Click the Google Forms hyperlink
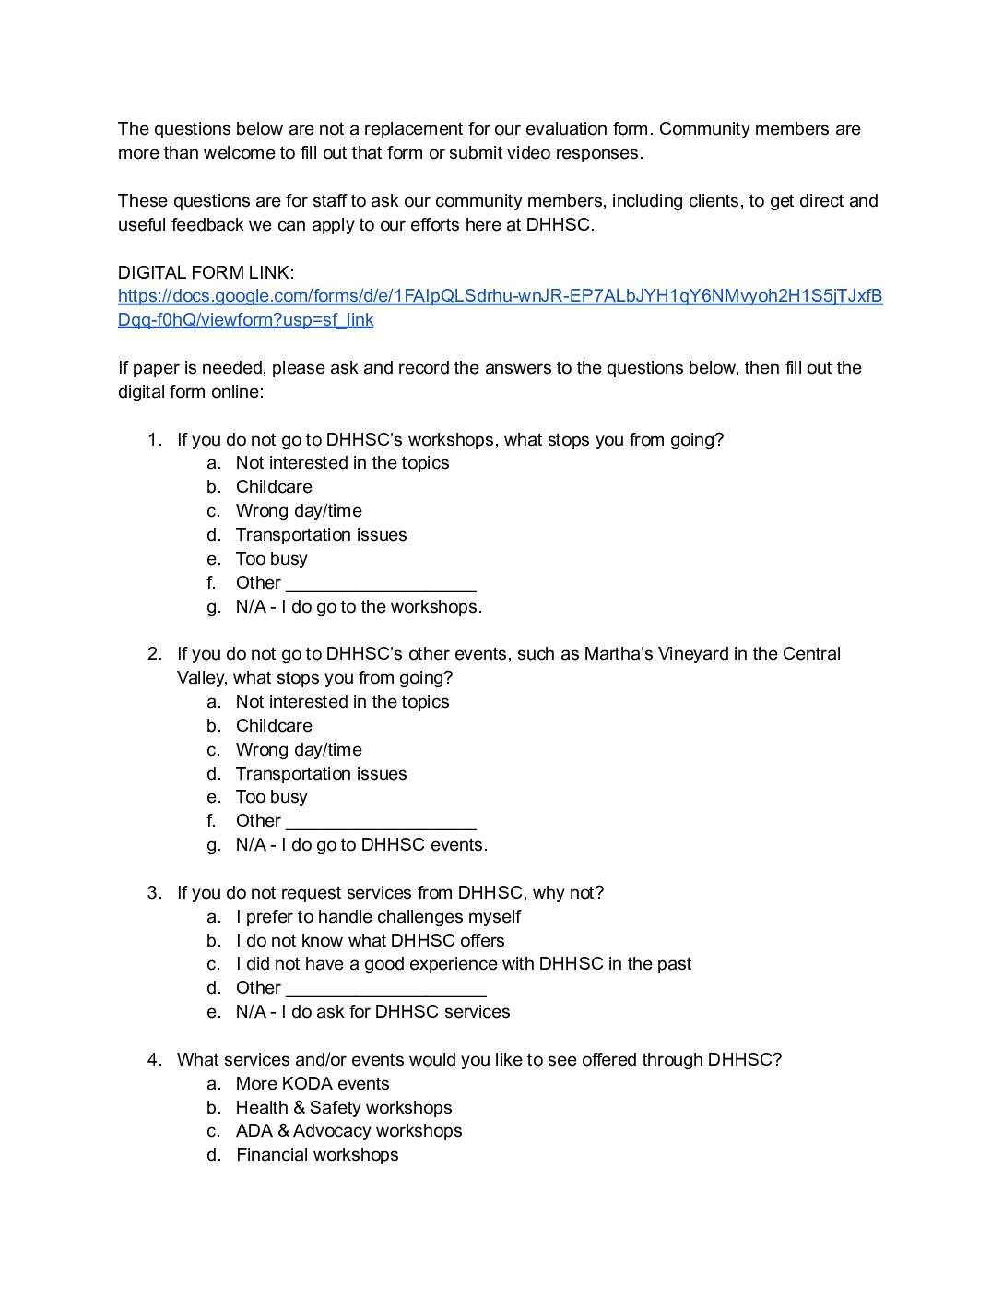click(500, 296)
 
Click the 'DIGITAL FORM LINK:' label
click(206, 272)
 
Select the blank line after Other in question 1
click(381, 585)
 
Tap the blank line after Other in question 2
click(381, 823)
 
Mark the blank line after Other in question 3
click(385, 990)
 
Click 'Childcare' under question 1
click(274, 487)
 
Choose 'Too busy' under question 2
click(271, 797)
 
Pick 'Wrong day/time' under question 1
click(299, 511)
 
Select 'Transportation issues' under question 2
click(321, 774)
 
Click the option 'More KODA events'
click(313, 1084)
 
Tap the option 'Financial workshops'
click(317, 1155)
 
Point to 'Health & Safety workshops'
click(344, 1108)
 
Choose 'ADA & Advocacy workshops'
click(348, 1131)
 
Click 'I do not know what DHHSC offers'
click(370, 941)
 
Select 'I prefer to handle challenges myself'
click(378, 917)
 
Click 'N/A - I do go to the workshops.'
click(359, 607)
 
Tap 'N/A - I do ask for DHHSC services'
click(372, 1012)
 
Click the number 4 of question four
click(152, 1060)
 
